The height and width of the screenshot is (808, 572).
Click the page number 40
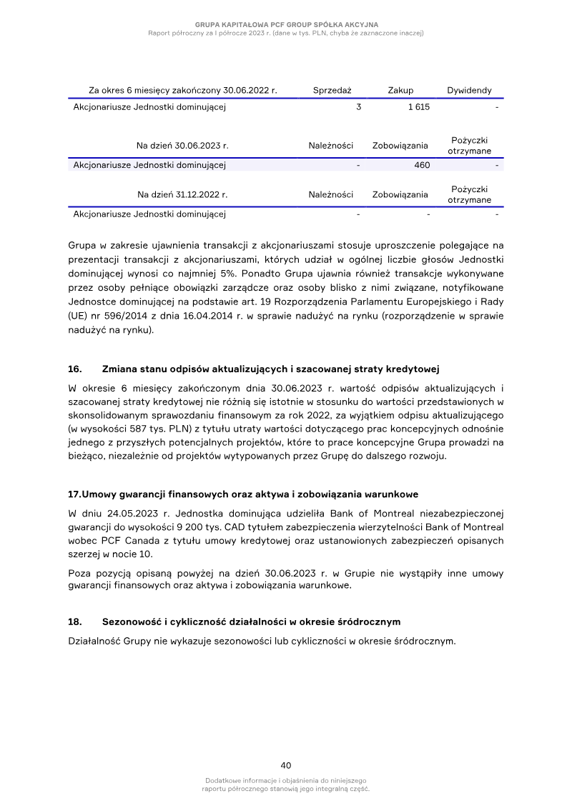pos(286,765)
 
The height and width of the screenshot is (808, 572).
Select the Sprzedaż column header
pos(332,91)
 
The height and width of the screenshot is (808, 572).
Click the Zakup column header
pos(400,91)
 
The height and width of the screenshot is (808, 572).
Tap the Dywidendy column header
pos(469,91)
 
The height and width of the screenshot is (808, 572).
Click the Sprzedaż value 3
pos(358,107)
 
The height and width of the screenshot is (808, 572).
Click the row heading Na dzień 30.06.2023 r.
pos(182,146)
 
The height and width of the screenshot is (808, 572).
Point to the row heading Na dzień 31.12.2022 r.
pos(182,194)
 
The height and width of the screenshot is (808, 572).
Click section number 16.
pos(74,369)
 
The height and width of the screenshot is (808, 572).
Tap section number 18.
pos(74,622)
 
